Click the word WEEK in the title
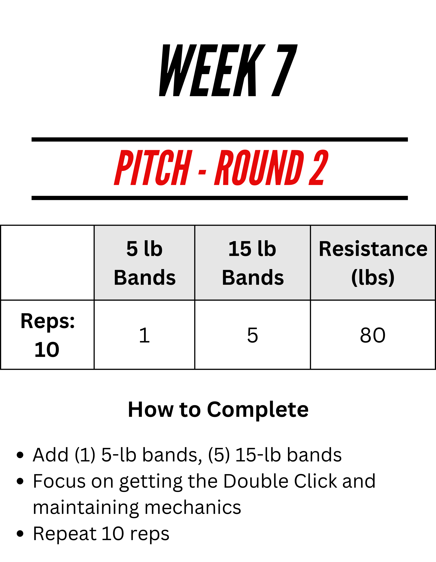[212, 70]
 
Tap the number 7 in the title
[285, 70]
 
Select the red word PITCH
[153, 167]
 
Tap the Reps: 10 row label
[47, 335]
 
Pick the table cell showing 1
[145, 335]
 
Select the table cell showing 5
[253, 335]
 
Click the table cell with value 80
[373, 335]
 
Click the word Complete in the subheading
[258, 410]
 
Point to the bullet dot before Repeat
[20, 534]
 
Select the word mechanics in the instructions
[193, 507]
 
